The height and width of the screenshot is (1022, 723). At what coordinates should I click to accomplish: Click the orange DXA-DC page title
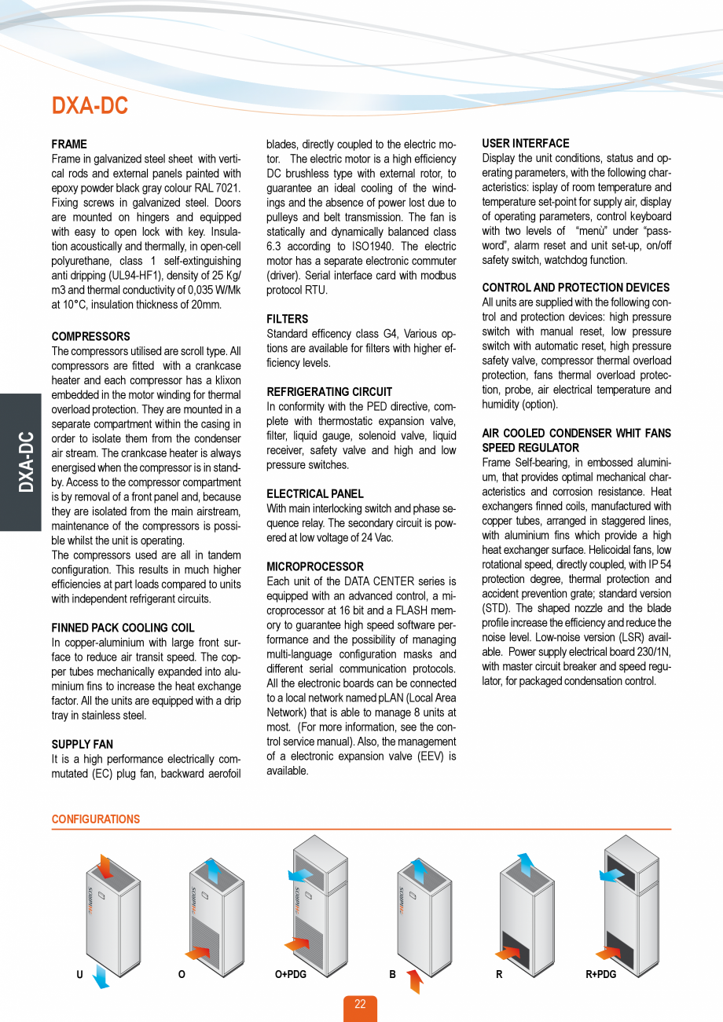[90, 106]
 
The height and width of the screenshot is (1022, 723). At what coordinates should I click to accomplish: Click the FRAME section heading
[69, 145]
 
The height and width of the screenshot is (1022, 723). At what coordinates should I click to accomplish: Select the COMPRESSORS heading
[90, 337]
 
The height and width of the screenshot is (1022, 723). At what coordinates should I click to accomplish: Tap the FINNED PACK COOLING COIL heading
[123, 628]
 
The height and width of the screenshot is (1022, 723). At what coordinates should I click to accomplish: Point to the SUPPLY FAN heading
[82, 744]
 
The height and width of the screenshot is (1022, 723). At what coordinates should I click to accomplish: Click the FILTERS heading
[288, 319]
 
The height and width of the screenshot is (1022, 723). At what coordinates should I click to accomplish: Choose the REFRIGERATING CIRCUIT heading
[329, 391]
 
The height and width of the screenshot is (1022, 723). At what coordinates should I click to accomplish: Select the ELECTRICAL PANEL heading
[315, 493]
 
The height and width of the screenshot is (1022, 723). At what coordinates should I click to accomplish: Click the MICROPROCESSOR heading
[315, 566]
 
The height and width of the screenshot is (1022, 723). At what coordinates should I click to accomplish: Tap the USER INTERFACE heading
[525, 144]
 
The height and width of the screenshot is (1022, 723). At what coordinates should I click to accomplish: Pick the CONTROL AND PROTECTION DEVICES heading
[575, 288]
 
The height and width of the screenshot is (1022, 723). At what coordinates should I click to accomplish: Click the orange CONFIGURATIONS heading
[96, 819]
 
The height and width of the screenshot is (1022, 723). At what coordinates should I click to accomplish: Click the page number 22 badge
[360, 1005]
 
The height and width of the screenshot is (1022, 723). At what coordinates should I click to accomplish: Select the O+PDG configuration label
[290, 974]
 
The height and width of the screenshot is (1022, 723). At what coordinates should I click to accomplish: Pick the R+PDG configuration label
[601, 974]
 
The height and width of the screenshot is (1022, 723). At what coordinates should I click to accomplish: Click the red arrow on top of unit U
[104, 866]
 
